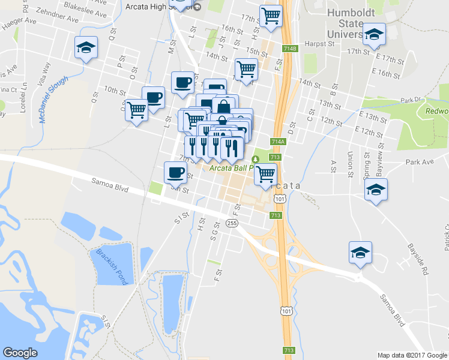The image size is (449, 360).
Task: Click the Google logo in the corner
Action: coord(20,353)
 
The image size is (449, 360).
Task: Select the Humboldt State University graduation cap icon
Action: coord(374,34)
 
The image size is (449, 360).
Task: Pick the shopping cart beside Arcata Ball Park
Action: coord(265,174)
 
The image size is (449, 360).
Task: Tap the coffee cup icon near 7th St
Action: coord(175,172)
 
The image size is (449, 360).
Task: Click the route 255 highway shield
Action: coord(232,223)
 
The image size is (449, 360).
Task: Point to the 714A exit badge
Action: coord(277,142)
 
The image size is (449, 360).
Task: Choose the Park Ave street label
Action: coord(419,162)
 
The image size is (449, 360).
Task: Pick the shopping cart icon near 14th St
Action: coord(246,69)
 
